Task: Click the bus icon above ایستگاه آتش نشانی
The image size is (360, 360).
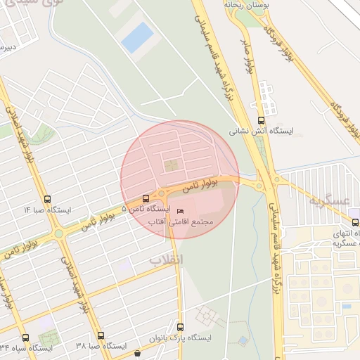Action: point(262,120)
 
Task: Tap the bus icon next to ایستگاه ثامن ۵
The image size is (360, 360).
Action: point(146,198)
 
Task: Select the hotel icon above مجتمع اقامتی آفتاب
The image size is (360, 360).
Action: point(180,212)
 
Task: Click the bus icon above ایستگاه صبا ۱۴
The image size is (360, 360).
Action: point(47,199)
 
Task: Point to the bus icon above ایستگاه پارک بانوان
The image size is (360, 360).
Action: point(181,327)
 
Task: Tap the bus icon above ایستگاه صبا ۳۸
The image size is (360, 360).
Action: point(101,335)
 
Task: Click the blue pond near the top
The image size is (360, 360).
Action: point(137,37)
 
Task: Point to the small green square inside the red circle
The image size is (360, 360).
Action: point(171,166)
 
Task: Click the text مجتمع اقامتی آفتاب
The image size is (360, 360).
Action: point(180,221)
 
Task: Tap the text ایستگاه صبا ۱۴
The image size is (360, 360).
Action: point(47,210)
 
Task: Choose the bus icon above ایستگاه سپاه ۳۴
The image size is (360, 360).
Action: point(25,337)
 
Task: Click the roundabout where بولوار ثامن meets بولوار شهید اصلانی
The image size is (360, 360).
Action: point(60,233)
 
